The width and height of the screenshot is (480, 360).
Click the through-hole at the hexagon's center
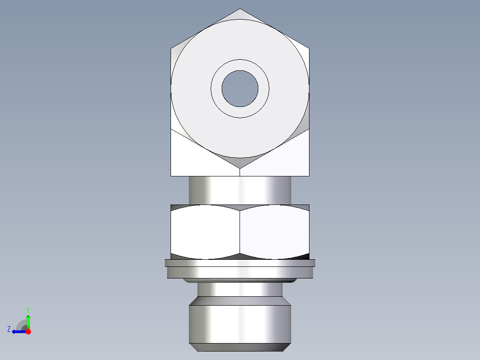[x=240, y=88]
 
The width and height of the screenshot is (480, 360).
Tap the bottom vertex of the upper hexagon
[x=240, y=168]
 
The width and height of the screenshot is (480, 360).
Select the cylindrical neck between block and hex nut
[x=240, y=190]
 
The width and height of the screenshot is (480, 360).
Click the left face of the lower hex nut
[x=205, y=232]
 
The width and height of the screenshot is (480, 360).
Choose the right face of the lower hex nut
[x=274, y=232]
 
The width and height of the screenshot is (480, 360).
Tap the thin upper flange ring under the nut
[x=240, y=263]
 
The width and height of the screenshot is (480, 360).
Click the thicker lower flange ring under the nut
[x=240, y=272]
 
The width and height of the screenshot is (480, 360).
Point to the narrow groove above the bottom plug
[x=240, y=290]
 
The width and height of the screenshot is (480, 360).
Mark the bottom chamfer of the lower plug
[x=240, y=347]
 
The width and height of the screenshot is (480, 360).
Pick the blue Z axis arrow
[x=18, y=331]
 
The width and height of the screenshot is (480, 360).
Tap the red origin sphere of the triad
[x=28, y=331]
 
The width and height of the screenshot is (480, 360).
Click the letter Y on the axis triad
[x=28, y=309]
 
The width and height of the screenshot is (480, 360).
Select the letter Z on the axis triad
[x=9, y=329]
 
